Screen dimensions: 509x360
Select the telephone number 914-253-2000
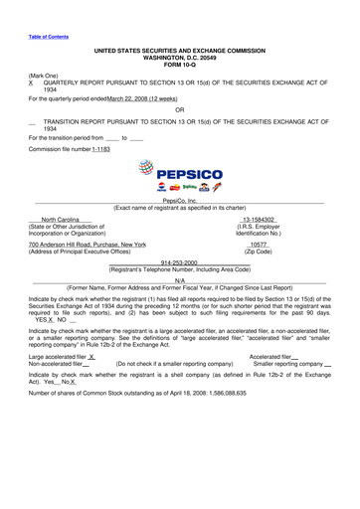pos(179,262)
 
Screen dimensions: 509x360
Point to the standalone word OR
pos(179,109)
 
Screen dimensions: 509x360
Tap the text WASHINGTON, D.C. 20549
pos(179,57)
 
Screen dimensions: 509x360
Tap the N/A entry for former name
pos(179,281)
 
